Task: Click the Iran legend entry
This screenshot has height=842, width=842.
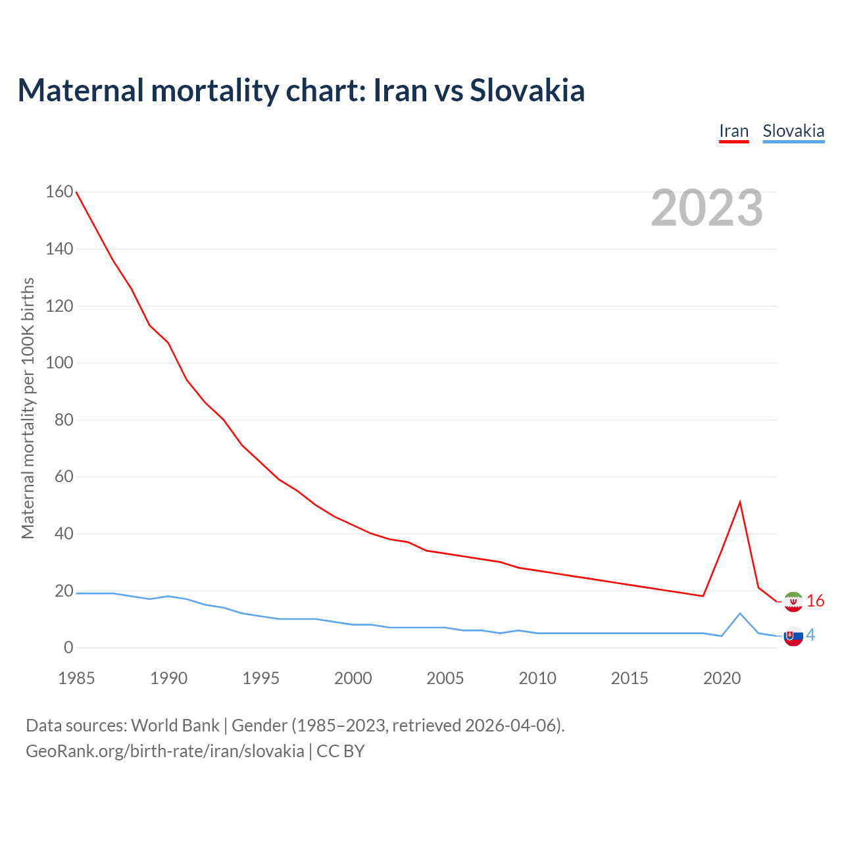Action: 733,131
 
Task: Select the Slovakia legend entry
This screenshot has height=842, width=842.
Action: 793,131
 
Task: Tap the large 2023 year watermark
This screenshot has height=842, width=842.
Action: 706,208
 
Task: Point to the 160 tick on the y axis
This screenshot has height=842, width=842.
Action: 59,192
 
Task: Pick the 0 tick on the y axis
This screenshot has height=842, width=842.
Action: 68,648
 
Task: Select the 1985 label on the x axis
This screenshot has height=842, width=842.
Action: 76,678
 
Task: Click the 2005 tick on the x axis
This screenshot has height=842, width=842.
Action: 445,678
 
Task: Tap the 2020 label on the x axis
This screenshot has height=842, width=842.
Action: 722,678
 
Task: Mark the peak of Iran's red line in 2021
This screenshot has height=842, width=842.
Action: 740,503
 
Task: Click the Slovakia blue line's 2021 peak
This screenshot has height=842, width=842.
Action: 740,614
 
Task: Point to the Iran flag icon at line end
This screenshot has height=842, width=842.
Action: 793,601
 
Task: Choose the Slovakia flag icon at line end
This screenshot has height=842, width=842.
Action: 793,636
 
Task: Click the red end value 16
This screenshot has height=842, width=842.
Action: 816,601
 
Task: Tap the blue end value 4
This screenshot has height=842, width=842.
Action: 810,635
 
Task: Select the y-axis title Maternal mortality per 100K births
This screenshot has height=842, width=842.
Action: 28,408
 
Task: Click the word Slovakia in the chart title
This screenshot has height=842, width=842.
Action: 527,90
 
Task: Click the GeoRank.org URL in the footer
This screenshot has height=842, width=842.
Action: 165,751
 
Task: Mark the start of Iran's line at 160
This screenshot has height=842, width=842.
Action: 77,192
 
